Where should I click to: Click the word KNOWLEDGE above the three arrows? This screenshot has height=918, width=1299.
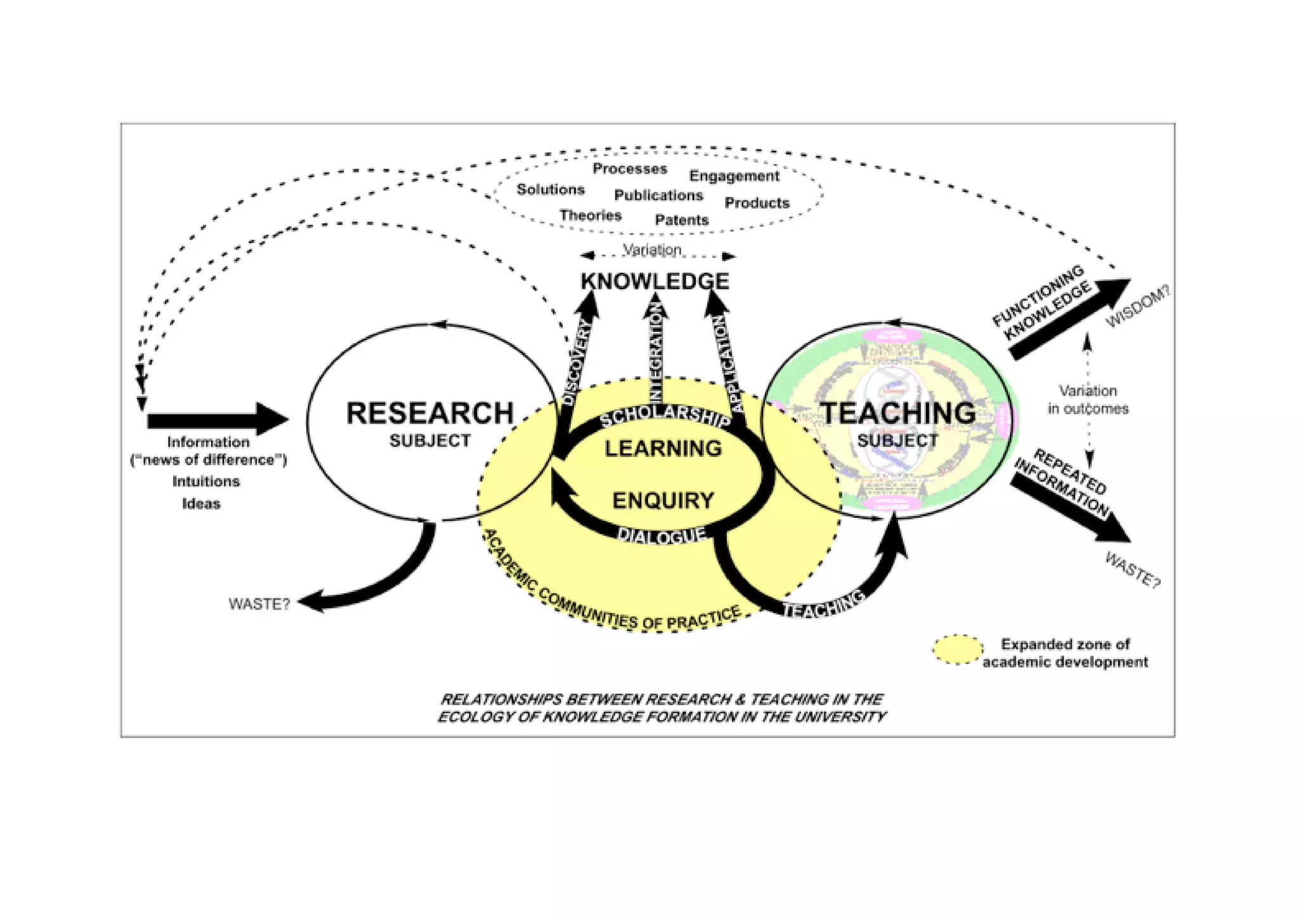pyautogui.click(x=655, y=281)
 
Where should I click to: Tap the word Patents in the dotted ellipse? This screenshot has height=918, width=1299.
pyautogui.click(x=681, y=220)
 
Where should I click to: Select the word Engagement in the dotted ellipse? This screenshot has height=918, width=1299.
pyautogui.click(x=734, y=176)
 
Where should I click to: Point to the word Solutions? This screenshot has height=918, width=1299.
pyautogui.click(x=550, y=190)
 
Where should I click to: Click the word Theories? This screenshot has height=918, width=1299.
pyautogui.click(x=590, y=216)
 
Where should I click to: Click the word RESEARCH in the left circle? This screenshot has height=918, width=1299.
pyautogui.click(x=429, y=414)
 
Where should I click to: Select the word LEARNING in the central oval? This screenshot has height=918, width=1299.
pyautogui.click(x=663, y=449)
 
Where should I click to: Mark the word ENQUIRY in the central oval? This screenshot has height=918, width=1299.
pyautogui.click(x=663, y=501)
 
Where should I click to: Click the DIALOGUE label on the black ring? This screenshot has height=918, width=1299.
pyautogui.click(x=662, y=535)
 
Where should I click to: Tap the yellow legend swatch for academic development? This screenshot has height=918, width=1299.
pyautogui.click(x=957, y=650)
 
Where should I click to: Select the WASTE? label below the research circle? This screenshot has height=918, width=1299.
pyautogui.click(x=259, y=604)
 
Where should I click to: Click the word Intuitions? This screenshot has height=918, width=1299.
pyautogui.click(x=206, y=482)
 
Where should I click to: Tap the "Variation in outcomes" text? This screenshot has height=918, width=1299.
pyautogui.click(x=1088, y=400)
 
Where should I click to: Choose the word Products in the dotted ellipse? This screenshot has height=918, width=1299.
pyautogui.click(x=757, y=203)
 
